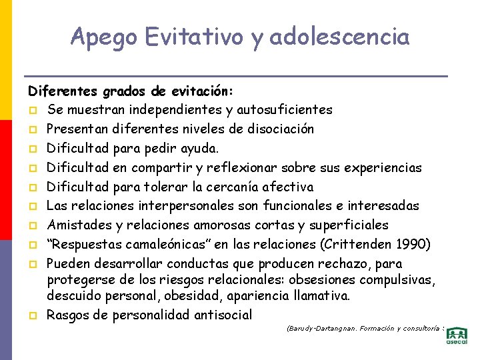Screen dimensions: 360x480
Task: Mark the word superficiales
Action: coord(351,225)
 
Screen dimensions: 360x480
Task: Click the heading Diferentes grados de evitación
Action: coord(130,90)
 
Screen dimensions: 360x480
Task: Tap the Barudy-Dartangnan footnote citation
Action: coord(364,329)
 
